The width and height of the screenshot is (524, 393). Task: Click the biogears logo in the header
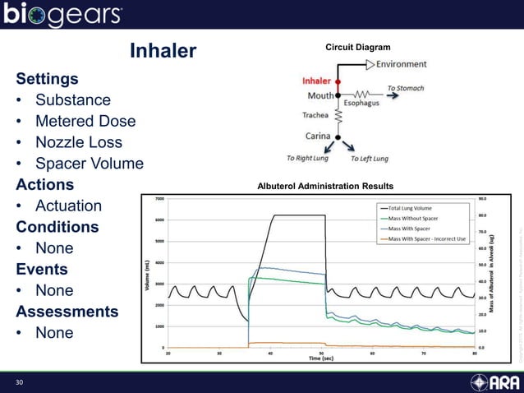pos(63,15)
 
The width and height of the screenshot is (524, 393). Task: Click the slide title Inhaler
pos(163,51)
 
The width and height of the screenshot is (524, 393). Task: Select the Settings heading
pos(48,79)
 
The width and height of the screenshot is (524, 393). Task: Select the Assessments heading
pos(67,312)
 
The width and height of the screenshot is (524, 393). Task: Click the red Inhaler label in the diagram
pos(316,81)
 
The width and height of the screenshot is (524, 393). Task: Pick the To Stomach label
pos(407,88)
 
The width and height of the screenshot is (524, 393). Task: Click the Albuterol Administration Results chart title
pos(325,186)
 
